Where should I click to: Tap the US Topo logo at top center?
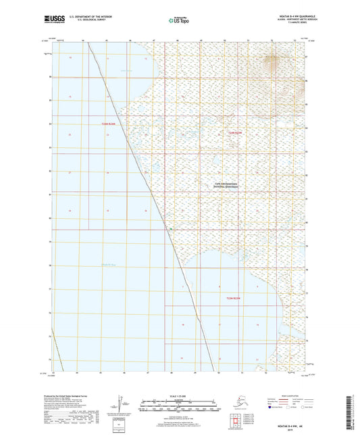click(x=178, y=22)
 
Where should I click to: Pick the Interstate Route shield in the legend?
click(x=270, y=407)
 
